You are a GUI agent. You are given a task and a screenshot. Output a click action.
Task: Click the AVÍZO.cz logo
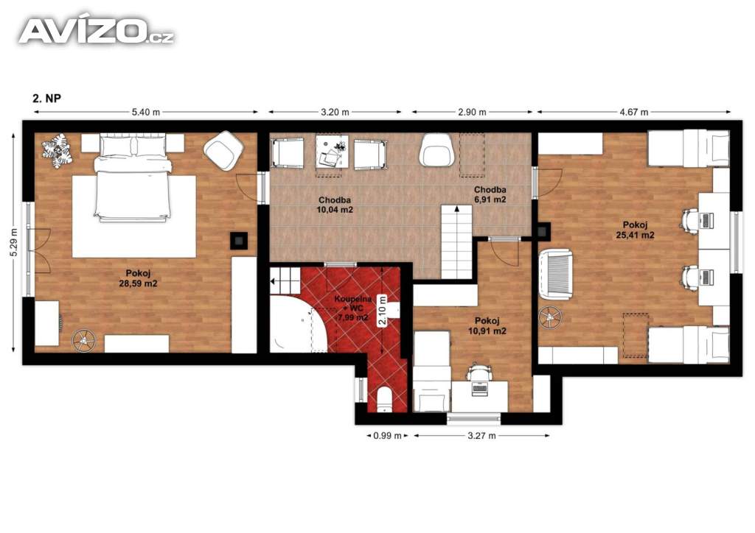tap(96, 31)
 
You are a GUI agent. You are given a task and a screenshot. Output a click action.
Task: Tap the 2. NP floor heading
tap(46, 98)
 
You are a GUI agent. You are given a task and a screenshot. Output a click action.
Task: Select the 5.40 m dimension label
tap(146, 112)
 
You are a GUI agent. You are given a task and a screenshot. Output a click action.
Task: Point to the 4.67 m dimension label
tap(634, 112)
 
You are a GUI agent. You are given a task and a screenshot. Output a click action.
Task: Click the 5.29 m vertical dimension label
tap(13, 242)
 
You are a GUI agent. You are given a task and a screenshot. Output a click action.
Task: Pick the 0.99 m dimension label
tap(387, 436)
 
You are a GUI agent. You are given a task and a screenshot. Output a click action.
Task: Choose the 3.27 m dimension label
tap(481, 436)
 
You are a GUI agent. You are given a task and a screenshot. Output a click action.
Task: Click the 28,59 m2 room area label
tap(138, 283)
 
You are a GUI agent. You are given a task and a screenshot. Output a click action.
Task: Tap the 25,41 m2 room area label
tap(635, 235)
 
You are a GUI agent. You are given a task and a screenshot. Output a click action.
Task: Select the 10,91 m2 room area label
tap(487, 331)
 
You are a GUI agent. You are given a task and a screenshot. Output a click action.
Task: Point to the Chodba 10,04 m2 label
tap(335, 205)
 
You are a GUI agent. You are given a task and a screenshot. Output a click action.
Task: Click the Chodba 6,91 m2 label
tap(490, 194)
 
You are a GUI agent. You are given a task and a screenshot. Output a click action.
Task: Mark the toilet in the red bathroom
tap(385, 400)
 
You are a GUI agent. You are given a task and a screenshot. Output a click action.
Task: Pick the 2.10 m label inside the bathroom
tap(383, 311)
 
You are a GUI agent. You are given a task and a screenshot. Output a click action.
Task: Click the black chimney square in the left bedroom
tap(239, 240)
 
